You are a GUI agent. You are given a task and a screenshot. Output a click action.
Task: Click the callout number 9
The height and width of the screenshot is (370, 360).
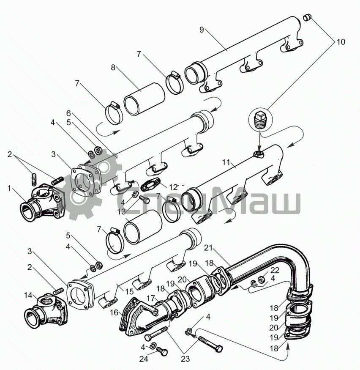pos(202,30)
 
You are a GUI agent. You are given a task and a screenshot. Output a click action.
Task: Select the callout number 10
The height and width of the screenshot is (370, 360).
pos(341,42)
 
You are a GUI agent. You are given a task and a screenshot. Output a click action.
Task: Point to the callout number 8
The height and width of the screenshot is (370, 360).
pos(113,67)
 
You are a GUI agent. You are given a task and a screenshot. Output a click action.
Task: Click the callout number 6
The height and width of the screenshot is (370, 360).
pos(68,113)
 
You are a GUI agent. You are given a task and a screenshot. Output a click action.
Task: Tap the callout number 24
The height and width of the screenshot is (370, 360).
pos(144,359)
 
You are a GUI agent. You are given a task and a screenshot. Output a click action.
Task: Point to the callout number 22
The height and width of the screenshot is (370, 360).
pos(275,270)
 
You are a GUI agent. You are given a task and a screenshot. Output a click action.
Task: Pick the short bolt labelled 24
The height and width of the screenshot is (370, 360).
pos(161,351)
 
